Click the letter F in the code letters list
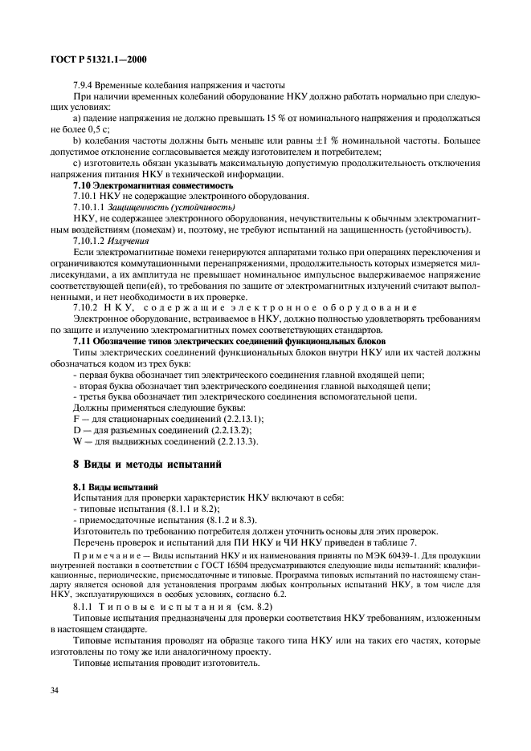click(x=76, y=419)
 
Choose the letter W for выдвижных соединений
click(x=77, y=441)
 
